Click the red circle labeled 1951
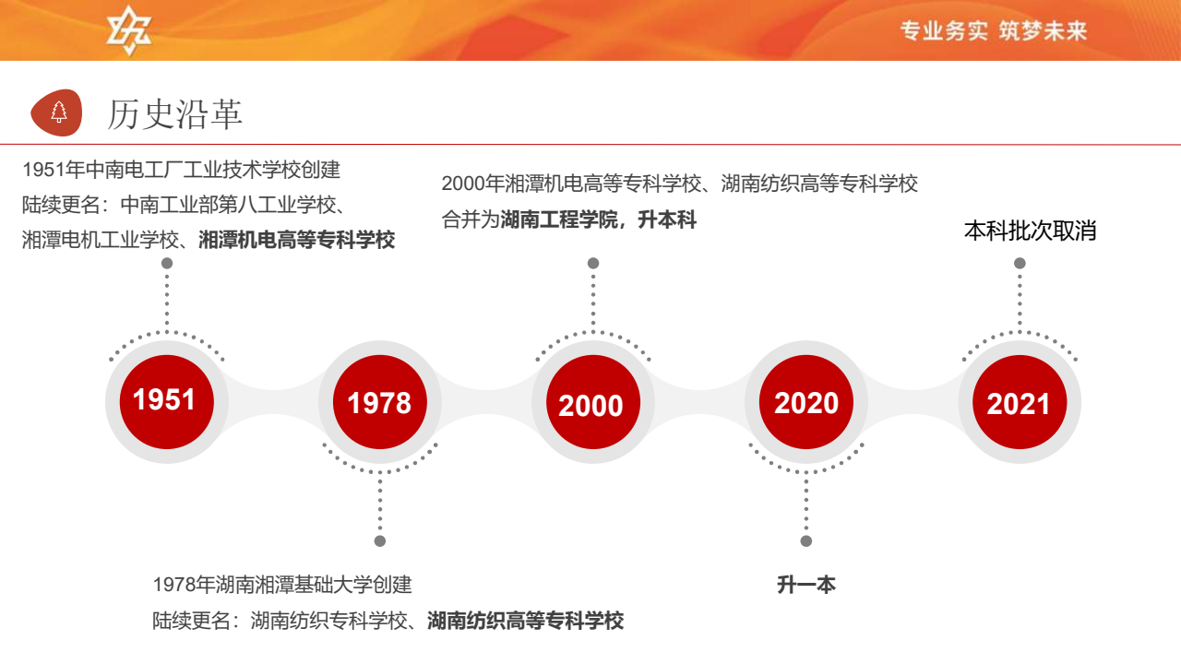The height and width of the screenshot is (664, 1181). (167, 402)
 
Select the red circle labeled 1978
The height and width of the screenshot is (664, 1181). (379, 402)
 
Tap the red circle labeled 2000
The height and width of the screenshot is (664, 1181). (593, 402)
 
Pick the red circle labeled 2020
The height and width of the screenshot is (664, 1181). (806, 402)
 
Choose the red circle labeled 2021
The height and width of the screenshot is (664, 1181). (1020, 402)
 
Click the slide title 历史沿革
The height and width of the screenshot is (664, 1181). (175, 113)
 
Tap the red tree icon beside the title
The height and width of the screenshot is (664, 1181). (57, 113)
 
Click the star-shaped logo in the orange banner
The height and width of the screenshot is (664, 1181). (128, 30)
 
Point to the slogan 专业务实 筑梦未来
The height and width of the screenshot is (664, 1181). (994, 30)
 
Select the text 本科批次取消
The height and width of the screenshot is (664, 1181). (1031, 231)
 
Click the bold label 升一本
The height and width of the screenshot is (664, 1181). (806, 585)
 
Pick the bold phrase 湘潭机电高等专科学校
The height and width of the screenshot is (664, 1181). (297, 240)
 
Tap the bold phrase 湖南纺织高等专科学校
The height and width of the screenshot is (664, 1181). (526, 621)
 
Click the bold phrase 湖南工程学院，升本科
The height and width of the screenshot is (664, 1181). (599, 219)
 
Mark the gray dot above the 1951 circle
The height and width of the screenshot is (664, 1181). (167, 263)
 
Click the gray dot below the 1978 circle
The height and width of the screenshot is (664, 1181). (379, 541)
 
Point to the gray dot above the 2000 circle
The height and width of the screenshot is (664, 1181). (593, 263)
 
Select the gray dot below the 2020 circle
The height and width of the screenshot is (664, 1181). (806, 541)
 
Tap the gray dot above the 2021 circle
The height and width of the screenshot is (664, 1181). (1020, 263)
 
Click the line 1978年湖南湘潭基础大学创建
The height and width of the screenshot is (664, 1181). (282, 585)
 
